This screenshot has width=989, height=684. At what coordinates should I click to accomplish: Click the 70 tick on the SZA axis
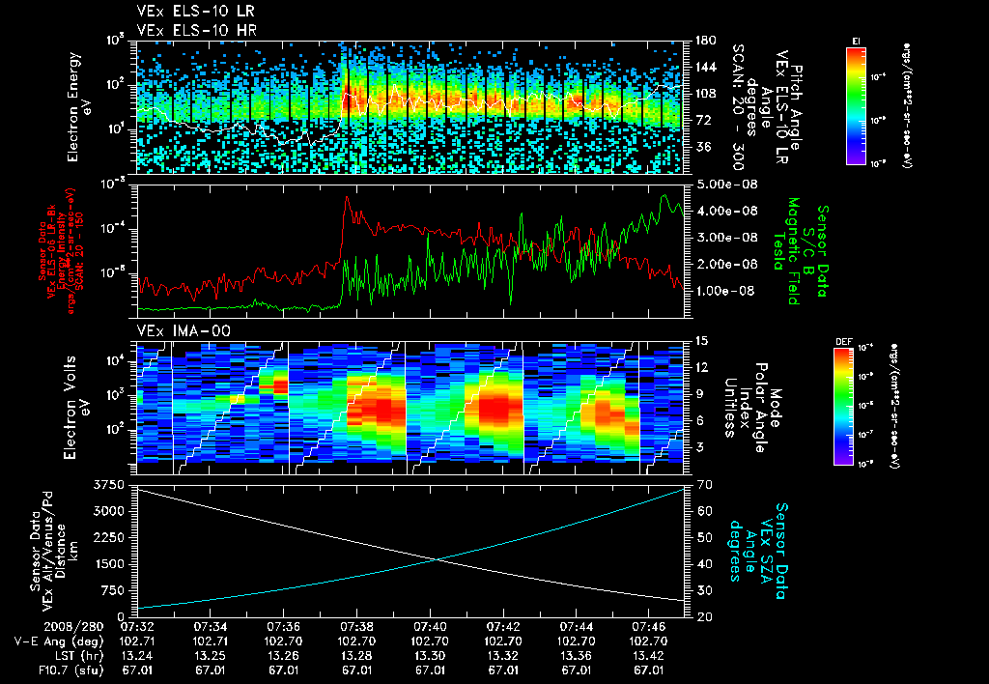pos(700,483)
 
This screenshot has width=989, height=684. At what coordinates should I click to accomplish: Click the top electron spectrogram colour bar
pos(856,103)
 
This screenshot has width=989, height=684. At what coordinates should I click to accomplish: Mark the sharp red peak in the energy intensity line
pos(346,198)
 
